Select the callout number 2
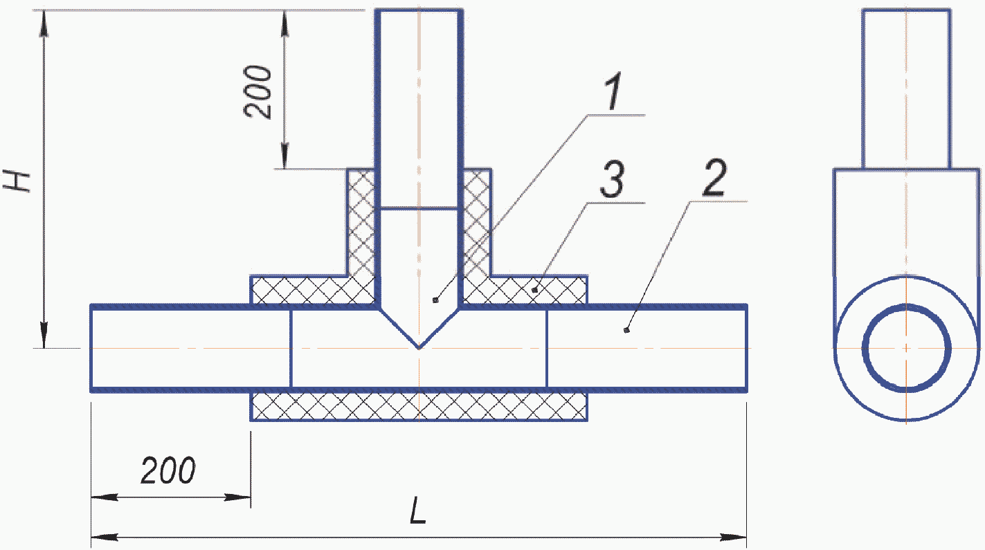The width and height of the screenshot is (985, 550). pos(715,177)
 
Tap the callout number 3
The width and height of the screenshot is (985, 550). pos(612,178)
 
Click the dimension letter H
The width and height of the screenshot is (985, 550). pos(17,181)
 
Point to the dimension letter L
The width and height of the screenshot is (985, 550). pos(418,510)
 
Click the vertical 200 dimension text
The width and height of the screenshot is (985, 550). pos(258,92)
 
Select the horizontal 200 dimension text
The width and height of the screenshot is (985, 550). pos(168,470)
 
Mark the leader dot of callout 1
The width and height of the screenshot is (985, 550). pos(435,300)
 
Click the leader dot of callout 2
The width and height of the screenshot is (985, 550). pos(626,330)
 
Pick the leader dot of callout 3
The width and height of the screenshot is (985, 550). pos(534,290)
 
